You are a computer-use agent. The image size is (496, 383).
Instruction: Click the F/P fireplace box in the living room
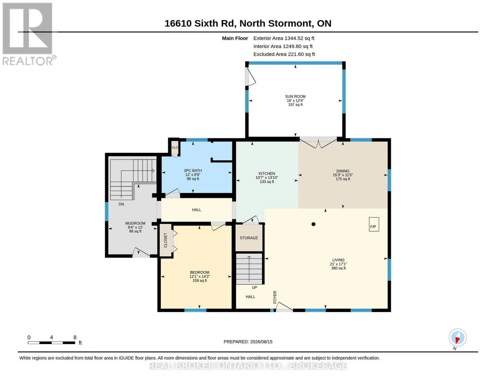tap(374, 224)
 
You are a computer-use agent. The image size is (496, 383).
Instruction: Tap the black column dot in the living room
tap(313, 224)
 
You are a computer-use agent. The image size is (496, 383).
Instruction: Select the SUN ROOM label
tap(295, 96)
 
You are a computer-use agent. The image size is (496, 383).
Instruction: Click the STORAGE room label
tap(249, 238)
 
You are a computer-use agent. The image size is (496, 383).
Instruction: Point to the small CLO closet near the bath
tap(175, 147)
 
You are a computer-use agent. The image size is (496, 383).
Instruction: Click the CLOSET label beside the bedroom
tap(165, 240)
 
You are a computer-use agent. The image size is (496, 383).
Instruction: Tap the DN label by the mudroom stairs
tap(121, 204)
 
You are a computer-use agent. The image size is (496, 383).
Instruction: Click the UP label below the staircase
tap(254, 288)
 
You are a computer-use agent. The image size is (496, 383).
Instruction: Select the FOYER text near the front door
tap(275, 297)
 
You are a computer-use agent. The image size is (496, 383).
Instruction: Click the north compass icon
tap(458, 338)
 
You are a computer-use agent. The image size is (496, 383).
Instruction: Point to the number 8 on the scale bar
tap(75, 337)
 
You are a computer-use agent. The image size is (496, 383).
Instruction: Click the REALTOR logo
tap(28, 34)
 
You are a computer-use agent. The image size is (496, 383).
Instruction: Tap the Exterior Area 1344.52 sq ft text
tap(284, 38)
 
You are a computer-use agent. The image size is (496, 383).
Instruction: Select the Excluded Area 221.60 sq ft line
tap(284, 54)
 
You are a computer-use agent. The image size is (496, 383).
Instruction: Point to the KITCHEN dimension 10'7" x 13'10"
tap(267, 177)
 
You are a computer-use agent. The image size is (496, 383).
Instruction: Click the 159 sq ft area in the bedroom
tap(200, 281)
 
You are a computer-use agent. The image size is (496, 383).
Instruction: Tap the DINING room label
tap(343, 171)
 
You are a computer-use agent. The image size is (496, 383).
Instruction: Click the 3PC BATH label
tap(193, 170)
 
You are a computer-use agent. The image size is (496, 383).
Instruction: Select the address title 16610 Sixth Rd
tap(200, 24)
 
